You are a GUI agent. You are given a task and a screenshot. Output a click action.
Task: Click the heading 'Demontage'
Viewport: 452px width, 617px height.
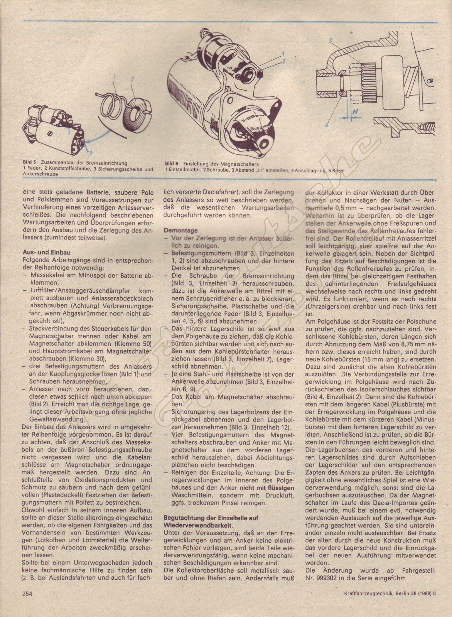click(x=179, y=230)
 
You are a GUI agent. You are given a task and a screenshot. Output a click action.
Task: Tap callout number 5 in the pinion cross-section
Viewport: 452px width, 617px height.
click(x=331, y=40)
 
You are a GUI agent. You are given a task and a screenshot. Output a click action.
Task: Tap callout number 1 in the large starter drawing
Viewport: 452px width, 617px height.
click(x=283, y=52)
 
